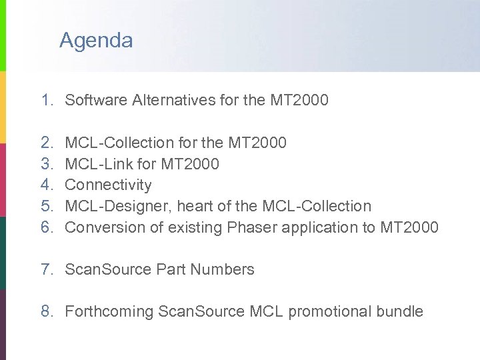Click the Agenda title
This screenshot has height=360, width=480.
coord(96,41)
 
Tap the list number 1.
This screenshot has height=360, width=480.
coord(46,101)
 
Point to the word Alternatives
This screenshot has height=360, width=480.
coord(174,101)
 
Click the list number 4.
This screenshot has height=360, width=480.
coord(46,185)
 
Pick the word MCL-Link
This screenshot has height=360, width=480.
coord(95,163)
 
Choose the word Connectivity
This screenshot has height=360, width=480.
coord(108,185)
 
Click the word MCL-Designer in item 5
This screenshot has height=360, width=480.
coord(117,206)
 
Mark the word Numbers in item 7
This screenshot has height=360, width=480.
coord(223,269)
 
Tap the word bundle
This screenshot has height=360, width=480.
coord(399,311)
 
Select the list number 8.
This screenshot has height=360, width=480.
coord(46,311)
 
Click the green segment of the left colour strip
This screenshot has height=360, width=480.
coord(3,33)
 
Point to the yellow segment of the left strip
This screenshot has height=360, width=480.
coord(3,107)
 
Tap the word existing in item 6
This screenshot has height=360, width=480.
coord(196,228)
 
